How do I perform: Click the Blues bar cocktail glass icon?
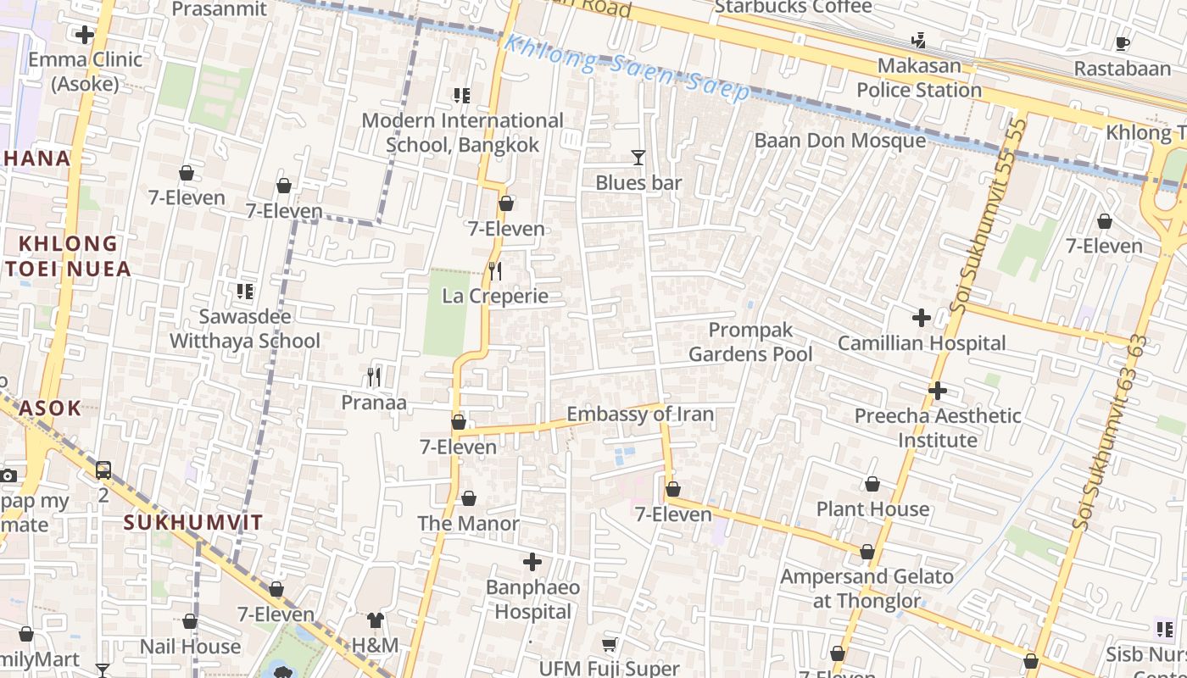click(638, 158)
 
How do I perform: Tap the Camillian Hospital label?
click(922, 343)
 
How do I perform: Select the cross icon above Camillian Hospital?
click(922, 319)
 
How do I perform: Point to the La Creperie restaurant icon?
click(496, 271)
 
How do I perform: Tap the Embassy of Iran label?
click(640, 414)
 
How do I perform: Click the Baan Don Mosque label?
click(839, 141)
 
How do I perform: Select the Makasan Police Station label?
click(919, 78)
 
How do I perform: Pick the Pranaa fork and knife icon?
click(374, 377)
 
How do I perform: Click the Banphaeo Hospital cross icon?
click(532, 562)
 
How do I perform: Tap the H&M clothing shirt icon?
click(376, 620)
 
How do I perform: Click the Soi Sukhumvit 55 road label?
click(990, 216)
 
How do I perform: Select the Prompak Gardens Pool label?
click(750, 342)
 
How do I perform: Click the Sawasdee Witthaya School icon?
click(245, 292)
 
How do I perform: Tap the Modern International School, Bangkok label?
click(462, 133)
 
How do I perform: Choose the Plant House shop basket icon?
click(872, 485)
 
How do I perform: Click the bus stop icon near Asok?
click(103, 470)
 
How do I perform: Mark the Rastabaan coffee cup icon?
click(1123, 43)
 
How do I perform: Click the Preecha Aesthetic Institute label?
click(938, 428)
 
